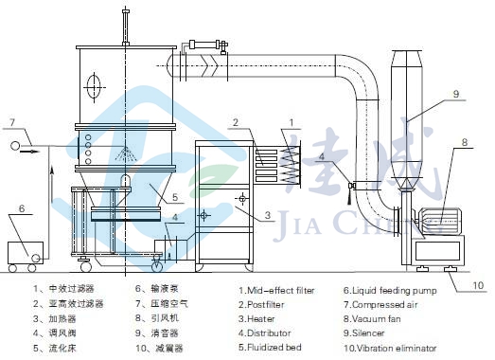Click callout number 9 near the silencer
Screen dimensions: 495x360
point(456,94)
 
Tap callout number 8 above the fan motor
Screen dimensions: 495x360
point(465,142)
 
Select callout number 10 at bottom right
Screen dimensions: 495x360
point(478,285)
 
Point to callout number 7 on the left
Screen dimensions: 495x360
point(12,122)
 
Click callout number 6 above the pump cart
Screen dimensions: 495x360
point(22,208)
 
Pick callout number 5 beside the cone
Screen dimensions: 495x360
point(175,198)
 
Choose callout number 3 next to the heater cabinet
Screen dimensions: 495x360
point(268,216)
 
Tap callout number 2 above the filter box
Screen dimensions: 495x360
point(236,122)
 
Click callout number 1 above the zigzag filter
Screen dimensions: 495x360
point(292,122)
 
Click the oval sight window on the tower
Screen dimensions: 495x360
point(94,87)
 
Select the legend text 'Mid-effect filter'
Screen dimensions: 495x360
point(281,290)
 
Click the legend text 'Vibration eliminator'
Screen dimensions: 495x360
point(397,349)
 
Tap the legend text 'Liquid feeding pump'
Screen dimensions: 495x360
point(395,291)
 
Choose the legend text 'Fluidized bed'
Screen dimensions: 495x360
point(274,348)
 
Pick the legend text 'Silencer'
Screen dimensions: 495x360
point(368,333)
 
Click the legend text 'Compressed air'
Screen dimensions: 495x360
point(384,305)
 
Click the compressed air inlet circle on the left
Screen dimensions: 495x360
point(15,146)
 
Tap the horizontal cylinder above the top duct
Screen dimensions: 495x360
point(204,45)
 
